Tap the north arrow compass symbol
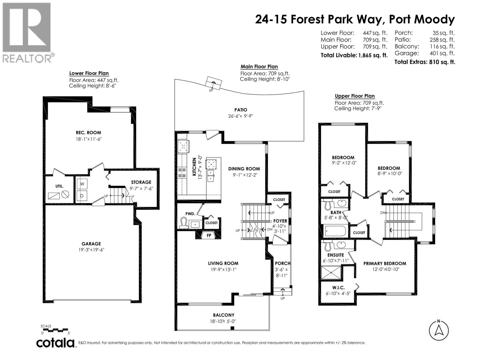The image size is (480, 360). click(x=439, y=330)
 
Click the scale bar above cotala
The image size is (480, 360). click(x=56, y=330)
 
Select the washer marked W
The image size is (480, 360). click(x=82, y=184)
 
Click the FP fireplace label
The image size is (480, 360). click(x=209, y=235)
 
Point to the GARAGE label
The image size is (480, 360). click(x=91, y=244)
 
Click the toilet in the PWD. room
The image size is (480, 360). click(x=183, y=223)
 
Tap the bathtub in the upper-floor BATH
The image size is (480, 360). click(x=335, y=231)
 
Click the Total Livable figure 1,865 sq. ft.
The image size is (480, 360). click(x=373, y=55)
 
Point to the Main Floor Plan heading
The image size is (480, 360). click(x=259, y=67)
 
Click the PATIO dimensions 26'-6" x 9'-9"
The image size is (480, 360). click(x=241, y=116)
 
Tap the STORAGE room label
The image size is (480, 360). click(x=141, y=182)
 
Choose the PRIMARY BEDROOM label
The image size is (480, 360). click(x=385, y=263)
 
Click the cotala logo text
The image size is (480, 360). click(x=55, y=343)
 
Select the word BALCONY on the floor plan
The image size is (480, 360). click(x=223, y=315)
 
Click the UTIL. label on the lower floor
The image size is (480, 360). click(x=59, y=186)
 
